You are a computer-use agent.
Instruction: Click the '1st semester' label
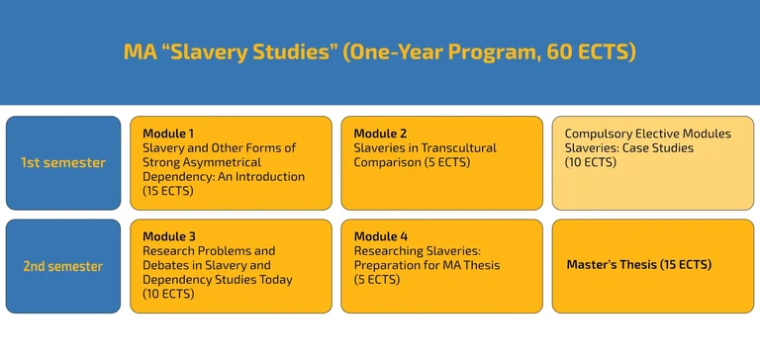(x=62, y=163)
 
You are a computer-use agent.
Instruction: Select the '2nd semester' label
(x=62, y=266)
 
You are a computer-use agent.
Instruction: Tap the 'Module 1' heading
(x=168, y=134)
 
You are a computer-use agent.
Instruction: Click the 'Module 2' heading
(x=380, y=134)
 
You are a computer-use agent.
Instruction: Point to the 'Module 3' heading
(x=168, y=236)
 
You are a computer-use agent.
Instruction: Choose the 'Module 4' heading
(x=380, y=236)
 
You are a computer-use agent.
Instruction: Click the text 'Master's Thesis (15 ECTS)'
(x=638, y=265)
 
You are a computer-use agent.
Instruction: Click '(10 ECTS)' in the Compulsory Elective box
(x=591, y=162)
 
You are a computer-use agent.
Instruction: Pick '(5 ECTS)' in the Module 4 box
(x=377, y=280)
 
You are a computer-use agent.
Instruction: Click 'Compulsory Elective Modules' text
(x=647, y=134)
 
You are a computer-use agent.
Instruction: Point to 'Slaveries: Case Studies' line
(x=628, y=148)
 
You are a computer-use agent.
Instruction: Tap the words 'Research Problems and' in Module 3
(x=209, y=251)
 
